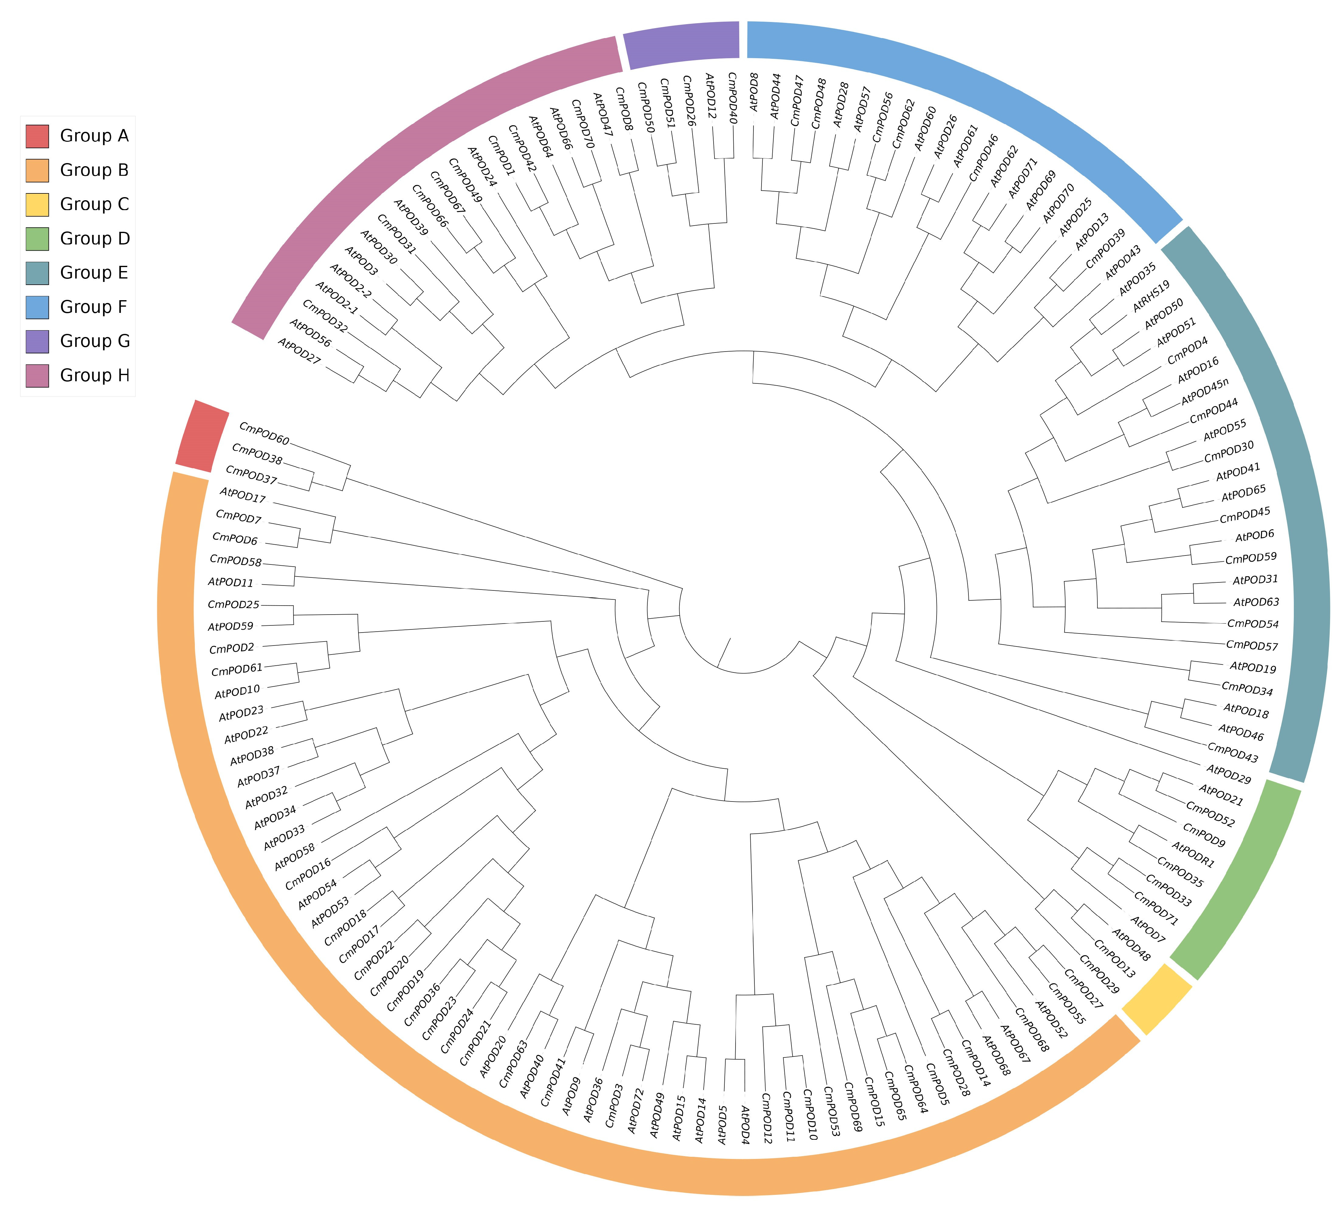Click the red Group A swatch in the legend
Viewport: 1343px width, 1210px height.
pyautogui.click(x=37, y=136)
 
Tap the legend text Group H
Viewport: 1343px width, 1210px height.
pyautogui.click(x=94, y=376)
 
